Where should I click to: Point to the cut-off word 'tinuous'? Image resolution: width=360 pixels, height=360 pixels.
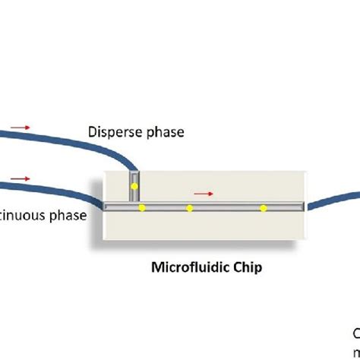pos(23,215)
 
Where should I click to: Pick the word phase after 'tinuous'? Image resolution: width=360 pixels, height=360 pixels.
pos(68,215)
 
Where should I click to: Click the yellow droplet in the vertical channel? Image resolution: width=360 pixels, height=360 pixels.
pos(134,186)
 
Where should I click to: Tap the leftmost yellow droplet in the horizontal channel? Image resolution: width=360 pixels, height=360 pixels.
pos(141,207)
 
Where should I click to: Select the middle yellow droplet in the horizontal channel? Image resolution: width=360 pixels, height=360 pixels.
pos(190,207)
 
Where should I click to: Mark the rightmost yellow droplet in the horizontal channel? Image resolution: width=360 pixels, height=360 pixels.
pos(263,207)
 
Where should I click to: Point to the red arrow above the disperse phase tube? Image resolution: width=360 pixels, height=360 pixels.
pos(21,128)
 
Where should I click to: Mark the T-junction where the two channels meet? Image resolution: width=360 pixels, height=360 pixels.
pos(134,206)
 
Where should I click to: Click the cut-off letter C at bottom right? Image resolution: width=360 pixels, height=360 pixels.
pos(356,332)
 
